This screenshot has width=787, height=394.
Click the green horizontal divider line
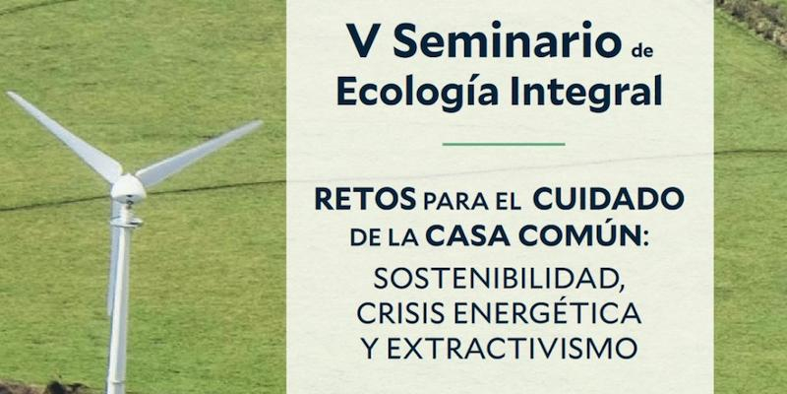[x=504, y=144]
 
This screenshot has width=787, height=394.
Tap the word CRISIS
[x=404, y=313]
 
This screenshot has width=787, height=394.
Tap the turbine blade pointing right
[x=201, y=153]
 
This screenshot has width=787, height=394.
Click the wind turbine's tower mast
[x=119, y=295]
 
